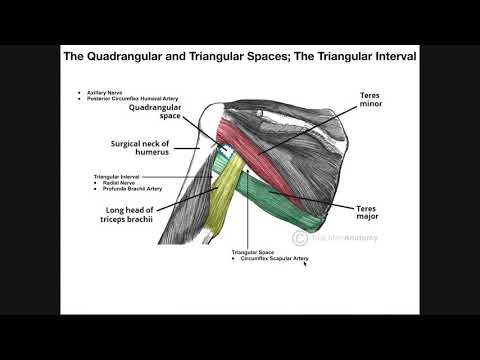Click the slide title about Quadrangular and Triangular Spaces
240,57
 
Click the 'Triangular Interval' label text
119,178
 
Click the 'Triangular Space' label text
254,253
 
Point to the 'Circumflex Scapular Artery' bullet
273,259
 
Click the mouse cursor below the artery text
305,265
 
